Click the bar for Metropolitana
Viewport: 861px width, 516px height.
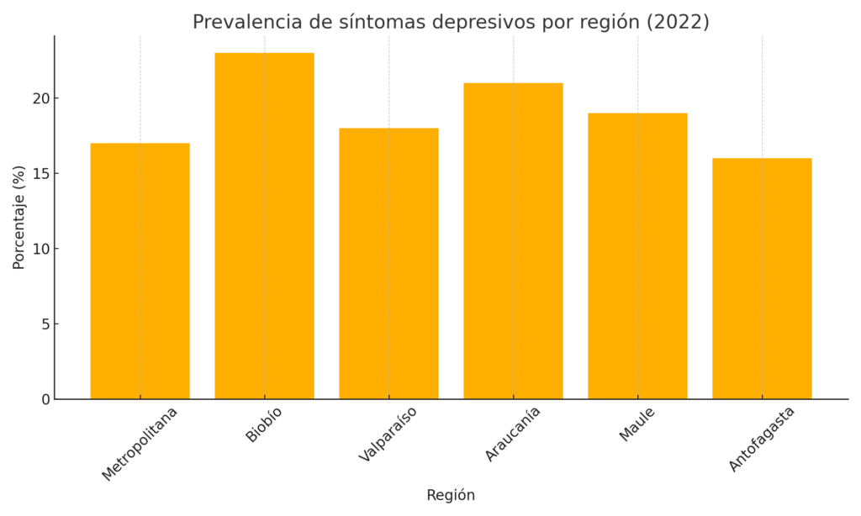pos(140,271)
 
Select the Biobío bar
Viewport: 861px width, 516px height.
pos(264,225)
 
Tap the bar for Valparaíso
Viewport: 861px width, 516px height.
pos(388,263)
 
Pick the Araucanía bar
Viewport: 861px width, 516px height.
pos(513,240)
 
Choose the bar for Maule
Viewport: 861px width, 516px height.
pos(637,255)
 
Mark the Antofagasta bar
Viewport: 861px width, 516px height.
pos(762,278)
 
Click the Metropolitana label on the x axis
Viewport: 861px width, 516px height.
pos(140,443)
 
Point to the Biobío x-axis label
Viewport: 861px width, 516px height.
pos(264,424)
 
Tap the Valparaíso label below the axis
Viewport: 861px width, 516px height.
pos(388,434)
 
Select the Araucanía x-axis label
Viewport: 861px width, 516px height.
pos(513,434)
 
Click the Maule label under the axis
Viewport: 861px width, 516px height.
pos(637,423)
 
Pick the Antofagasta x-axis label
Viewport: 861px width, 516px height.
pos(762,438)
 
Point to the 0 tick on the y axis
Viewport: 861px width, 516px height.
pos(45,399)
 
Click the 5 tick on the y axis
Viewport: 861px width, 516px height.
pos(45,324)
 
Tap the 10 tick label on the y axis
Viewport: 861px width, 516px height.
pos(41,249)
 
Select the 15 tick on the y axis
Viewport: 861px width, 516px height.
pos(41,174)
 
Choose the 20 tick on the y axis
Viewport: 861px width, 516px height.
pos(41,98)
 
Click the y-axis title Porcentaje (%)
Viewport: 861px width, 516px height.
pos(19,217)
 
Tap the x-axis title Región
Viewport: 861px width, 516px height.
pos(451,495)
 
